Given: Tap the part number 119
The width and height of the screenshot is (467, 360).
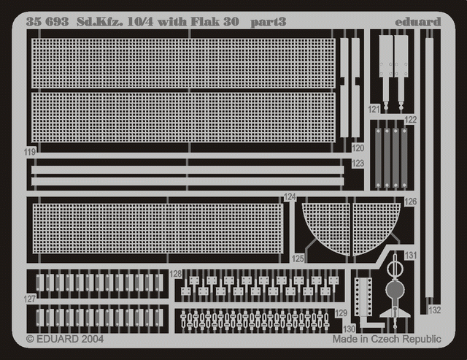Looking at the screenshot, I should coord(29,152).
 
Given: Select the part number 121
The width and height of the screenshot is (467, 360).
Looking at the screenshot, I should coord(374,109).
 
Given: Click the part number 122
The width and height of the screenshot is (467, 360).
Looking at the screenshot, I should coord(410,119).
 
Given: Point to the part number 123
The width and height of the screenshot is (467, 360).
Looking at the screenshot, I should coord(358,164).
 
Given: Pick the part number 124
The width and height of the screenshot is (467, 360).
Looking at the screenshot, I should coord(290,196).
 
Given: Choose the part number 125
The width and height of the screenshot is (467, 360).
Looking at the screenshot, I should coord(298,258).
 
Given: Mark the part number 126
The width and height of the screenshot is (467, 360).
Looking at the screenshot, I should coord(410,202).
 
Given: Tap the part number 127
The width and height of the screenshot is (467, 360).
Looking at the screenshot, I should coord(29,298).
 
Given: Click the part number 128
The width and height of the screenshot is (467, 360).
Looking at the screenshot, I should coord(175,274).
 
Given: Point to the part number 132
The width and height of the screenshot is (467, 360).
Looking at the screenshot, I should coord(436,310).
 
